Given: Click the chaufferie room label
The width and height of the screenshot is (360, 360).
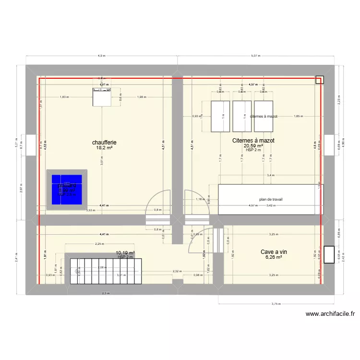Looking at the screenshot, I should (105, 143).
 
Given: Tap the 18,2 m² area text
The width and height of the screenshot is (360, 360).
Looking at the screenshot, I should (105, 148).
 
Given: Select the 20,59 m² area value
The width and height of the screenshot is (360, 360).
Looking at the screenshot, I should (253, 146).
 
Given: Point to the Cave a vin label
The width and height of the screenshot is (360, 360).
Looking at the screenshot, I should (274, 252).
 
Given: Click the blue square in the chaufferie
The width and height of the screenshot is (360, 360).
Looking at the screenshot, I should (67, 190).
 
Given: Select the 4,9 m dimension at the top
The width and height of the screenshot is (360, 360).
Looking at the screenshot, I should (101, 56).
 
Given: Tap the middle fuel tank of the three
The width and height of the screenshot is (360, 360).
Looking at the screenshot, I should (242, 116).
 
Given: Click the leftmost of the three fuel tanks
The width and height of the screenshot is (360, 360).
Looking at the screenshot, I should (221, 116).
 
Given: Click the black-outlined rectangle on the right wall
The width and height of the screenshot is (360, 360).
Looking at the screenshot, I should (329, 254).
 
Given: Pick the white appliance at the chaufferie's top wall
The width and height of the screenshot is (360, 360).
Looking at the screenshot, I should (101, 96).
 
